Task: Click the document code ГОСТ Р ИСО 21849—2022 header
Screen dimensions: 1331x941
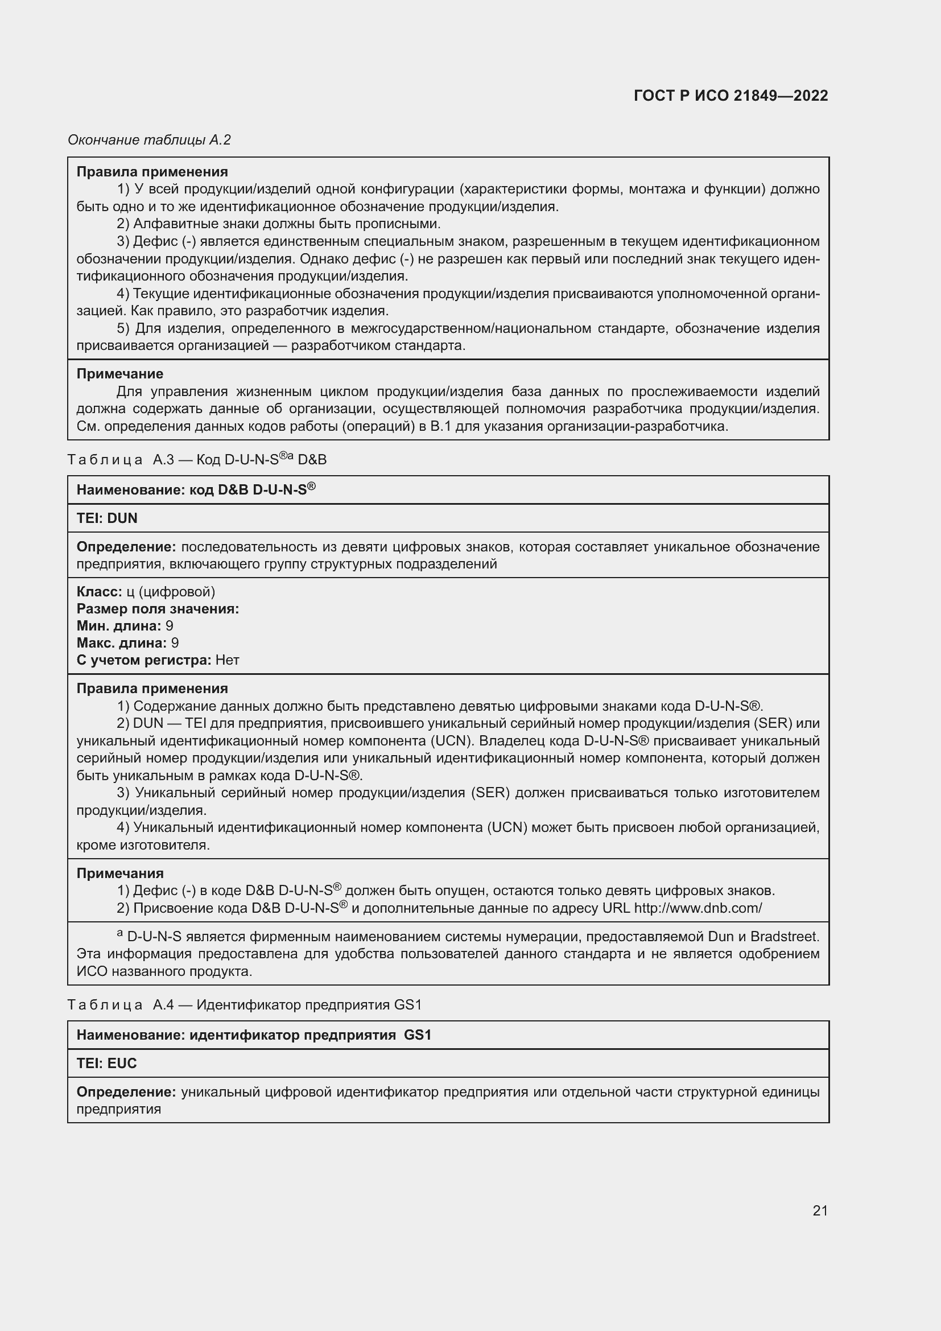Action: point(730,96)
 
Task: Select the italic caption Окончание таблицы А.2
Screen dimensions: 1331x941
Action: point(149,140)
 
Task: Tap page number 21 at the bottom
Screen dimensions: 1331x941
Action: point(820,1210)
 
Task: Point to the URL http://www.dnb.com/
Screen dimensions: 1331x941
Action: point(698,908)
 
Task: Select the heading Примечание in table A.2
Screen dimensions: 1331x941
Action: point(120,374)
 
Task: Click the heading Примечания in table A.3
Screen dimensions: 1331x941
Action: point(120,873)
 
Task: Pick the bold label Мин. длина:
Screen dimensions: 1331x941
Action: point(119,626)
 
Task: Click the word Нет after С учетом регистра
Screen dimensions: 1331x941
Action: point(227,660)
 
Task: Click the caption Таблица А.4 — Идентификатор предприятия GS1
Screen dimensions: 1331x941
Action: point(245,1004)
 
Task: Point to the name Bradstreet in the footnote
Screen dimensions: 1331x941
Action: point(785,936)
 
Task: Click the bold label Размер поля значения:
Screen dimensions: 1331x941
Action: point(158,609)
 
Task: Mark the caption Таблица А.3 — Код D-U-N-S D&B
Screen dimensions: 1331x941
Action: point(197,460)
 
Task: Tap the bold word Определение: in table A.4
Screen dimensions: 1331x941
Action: point(126,1092)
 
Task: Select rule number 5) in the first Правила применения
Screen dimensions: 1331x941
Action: point(123,329)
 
